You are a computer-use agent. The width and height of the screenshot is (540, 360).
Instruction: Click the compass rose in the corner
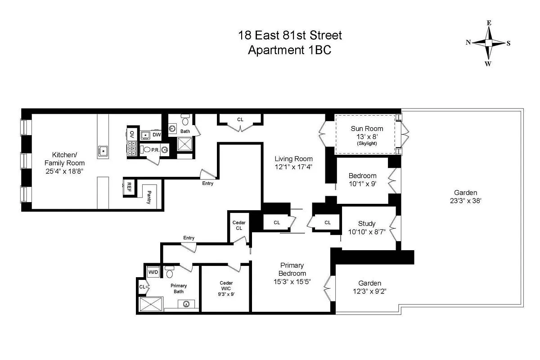tap(489, 43)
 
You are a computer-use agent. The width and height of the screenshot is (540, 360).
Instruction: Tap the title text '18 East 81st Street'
tap(290, 35)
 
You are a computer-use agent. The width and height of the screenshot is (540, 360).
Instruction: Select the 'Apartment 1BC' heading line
tap(289, 50)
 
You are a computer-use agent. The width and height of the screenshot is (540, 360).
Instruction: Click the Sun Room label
tap(367, 129)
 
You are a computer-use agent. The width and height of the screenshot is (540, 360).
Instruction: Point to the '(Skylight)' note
tap(367, 143)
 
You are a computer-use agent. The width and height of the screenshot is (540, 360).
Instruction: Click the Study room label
tap(367, 224)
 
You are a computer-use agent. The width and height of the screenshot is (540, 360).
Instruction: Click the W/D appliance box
tap(153, 272)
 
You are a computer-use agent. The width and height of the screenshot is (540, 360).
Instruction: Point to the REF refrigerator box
tap(129, 187)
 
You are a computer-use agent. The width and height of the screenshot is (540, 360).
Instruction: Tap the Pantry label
tap(149, 197)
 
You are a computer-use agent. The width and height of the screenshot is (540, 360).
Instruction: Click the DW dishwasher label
tap(156, 135)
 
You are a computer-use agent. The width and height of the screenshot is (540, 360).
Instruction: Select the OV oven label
tap(132, 134)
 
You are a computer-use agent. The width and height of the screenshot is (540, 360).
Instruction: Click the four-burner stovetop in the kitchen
tap(132, 148)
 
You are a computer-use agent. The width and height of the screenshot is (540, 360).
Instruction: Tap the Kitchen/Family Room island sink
tap(103, 150)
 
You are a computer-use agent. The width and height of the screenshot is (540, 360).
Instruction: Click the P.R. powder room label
tap(154, 150)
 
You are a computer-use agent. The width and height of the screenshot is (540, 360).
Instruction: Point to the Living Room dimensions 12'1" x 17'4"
tap(293, 166)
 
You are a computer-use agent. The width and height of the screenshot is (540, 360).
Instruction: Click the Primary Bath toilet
tap(170, 272)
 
